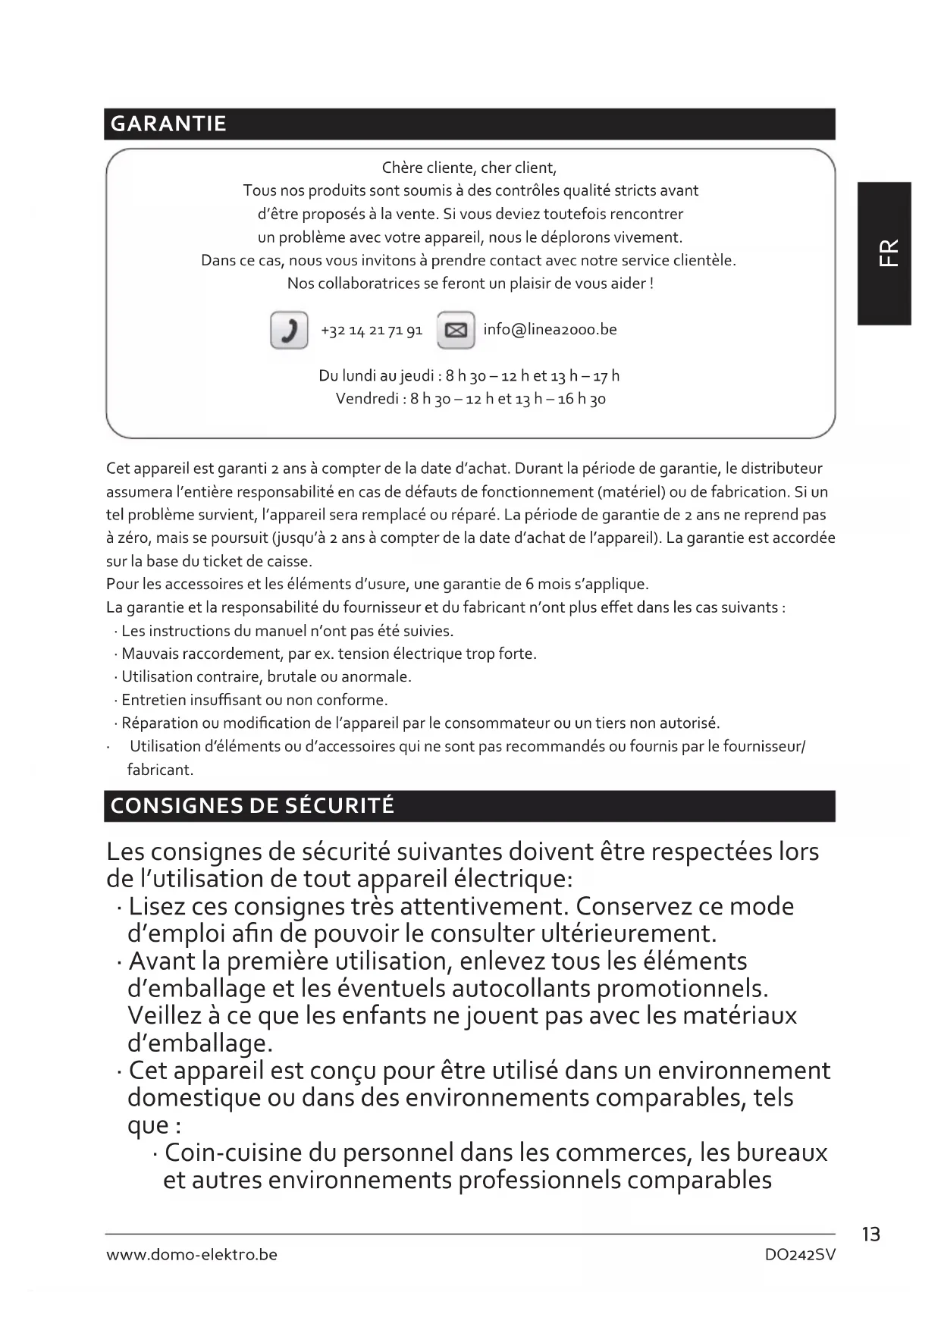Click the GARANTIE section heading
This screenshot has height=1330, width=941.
click(x=168, y=124)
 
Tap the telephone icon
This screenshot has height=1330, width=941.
click(x=289, y=330)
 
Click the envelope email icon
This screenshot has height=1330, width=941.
click(x=456, y=330)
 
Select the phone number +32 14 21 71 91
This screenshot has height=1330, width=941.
click(x=372, y=331)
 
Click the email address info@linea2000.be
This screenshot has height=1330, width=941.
click(x=550, y=329)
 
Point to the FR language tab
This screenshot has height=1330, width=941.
click(x=885, y=253)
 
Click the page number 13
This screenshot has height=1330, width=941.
click(x=871, y=1234)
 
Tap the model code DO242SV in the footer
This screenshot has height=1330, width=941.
click(x=800, y=1255)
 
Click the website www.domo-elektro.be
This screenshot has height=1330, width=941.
click(x=192, y=1255)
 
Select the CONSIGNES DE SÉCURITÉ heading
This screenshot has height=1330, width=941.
click(x=253, y=805)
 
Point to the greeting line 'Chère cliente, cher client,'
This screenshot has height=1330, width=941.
click(x=469, y=168)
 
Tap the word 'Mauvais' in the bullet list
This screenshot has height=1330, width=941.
click(x=149, y=654)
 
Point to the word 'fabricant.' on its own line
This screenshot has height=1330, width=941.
click(x=160, y=770)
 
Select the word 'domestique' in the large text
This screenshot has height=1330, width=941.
click(x=193, y=1097)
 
